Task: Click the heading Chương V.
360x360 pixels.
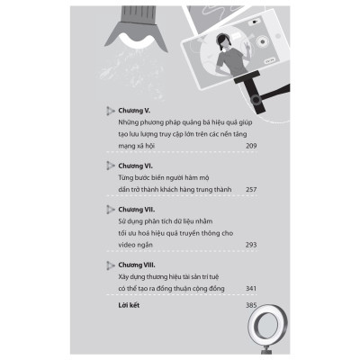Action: click(134, 111)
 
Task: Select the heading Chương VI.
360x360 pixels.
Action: click(135, 166)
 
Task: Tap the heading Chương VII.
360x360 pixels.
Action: click(137, 210)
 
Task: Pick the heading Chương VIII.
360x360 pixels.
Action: click(137, 265)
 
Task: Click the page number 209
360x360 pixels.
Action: click(251, 146)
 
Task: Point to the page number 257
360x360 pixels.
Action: click(251, 190)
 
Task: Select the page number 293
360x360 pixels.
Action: click(251, 245)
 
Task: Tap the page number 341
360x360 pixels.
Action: click(251, 289)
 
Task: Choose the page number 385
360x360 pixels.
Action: click(251, 305)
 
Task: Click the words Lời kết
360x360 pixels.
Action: click(129, 305)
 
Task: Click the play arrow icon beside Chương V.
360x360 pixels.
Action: click(110, 111)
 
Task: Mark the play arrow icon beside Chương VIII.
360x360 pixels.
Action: click(110, 265)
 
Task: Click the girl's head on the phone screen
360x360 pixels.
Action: click(223, 41)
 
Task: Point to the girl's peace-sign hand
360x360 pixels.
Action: click(247, 48)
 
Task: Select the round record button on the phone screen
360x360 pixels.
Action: click(262, 41)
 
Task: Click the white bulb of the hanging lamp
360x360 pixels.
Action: click(135, 38)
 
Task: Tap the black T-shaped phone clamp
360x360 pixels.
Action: click(250, 92)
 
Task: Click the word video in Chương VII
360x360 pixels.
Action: click(127, 245)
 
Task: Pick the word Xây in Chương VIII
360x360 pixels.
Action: click(123, 277)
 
